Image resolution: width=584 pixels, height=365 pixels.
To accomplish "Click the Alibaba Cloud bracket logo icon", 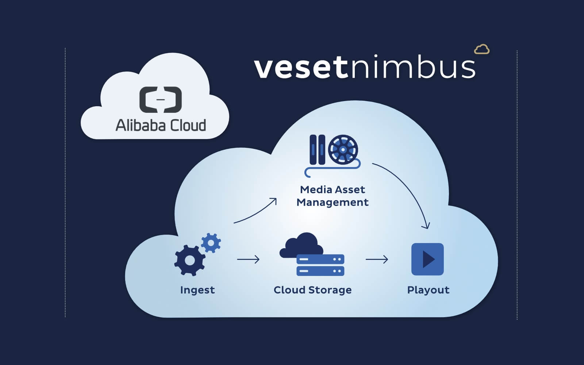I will point(161,99).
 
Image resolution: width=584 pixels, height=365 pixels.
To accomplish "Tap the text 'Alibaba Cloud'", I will point(161,125).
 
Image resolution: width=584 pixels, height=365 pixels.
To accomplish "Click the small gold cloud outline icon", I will point(482,49).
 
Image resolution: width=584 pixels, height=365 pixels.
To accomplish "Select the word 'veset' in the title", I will point(300,68).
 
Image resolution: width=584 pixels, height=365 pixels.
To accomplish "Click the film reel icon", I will point(343,150).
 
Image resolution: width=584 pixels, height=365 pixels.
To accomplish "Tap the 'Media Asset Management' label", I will point(333,196).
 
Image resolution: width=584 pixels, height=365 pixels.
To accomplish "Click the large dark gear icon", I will point(189,260).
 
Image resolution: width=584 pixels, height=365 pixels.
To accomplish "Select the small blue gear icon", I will point(211,243).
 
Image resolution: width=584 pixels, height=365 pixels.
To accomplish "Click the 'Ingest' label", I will point(197,290).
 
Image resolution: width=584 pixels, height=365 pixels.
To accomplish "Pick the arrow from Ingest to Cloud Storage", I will point(248,260).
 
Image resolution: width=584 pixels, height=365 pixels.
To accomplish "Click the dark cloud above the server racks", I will point(301,244).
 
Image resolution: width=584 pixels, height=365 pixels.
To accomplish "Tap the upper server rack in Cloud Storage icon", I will point(320,259).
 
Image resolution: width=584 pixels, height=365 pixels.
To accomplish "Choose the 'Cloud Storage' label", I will point(313,290).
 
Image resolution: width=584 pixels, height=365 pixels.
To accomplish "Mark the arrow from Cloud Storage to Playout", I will point(377,260).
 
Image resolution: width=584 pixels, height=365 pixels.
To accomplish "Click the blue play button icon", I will point(427,259).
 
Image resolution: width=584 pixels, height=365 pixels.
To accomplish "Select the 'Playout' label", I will point(428,290).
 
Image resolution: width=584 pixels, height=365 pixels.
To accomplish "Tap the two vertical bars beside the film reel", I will point(317,150).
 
